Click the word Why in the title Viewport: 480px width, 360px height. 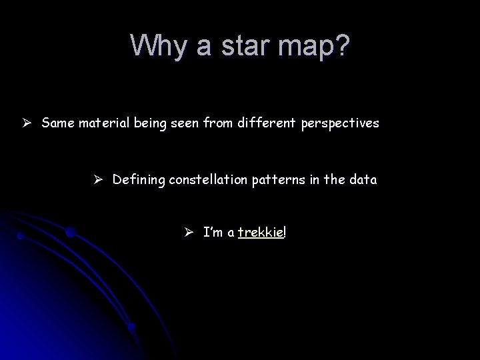click(155, 45)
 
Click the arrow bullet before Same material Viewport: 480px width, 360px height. click(25, 123)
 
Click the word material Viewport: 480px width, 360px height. click(100, 123)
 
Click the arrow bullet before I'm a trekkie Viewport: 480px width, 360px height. click(189, 232)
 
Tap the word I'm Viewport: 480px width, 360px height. click(213, 232)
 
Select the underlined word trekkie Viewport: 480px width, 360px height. click(260, 232)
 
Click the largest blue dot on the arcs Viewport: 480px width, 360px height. click(71, 233)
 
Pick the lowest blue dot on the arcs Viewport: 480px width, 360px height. click(132, 327)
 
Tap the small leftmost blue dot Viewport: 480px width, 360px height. click(21, 236)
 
